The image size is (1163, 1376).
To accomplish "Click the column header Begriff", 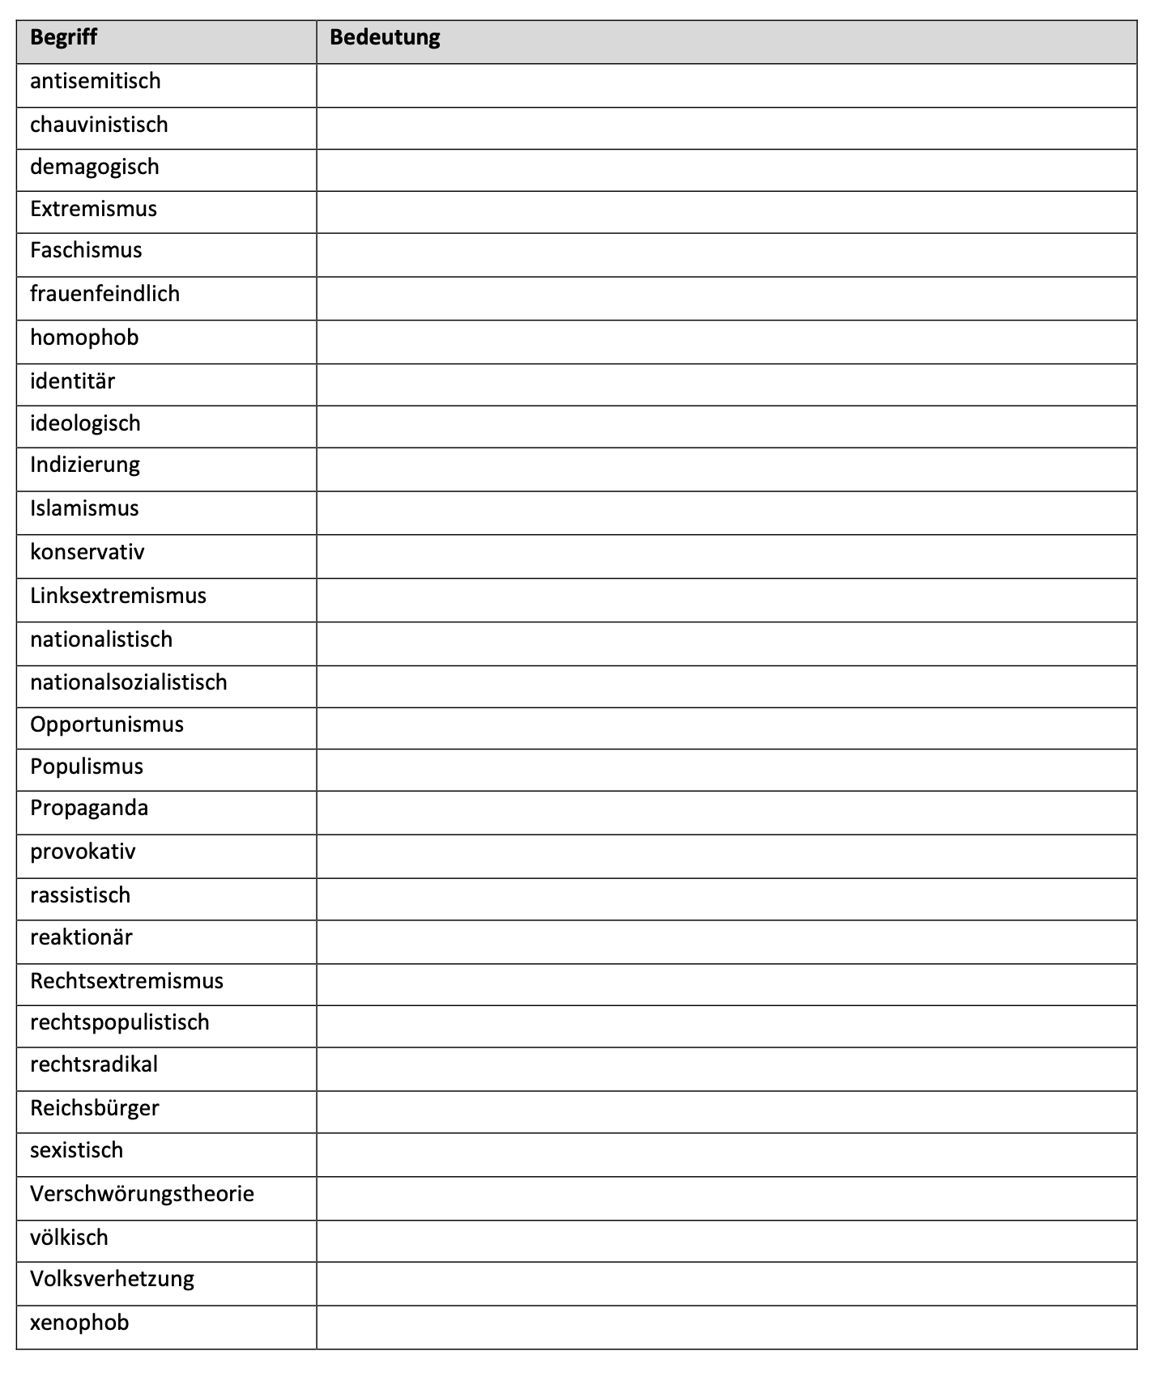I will (x=63, y=38).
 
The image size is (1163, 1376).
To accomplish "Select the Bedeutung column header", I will (x=385, y=38).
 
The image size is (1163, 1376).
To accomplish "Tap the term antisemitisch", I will (x=96, y=82).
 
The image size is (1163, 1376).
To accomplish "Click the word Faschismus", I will (x=86, y=251).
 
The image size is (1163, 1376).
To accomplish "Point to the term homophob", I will (x=84, y=338).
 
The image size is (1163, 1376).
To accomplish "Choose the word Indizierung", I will (x=85, y=465).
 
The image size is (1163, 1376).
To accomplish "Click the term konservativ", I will (x=87, y=553).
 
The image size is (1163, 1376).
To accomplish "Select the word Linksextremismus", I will (x=118, y=597).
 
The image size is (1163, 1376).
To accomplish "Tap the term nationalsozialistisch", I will (x=129, y=683).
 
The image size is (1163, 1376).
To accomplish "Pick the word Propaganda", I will (x=89, y=809).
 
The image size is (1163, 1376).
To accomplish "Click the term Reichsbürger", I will (x=95, y=1108).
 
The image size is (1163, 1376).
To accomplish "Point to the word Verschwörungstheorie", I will (x=142, y=1195).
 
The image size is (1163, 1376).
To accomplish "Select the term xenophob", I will (x=79, y=1323).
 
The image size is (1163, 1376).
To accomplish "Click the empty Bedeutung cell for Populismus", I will (x=726, y=770).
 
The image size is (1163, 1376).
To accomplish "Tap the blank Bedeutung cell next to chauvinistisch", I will (x=726, y=128).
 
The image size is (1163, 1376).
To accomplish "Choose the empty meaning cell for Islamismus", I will (x=726, y=513).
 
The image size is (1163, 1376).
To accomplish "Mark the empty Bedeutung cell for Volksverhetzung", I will (x=726, y=1284).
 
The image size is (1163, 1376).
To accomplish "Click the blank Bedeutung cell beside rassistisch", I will (x=726, y=899).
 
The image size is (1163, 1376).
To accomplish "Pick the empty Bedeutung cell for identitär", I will (x=726, y=384).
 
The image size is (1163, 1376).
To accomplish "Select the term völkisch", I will (x=69, y=1238).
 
